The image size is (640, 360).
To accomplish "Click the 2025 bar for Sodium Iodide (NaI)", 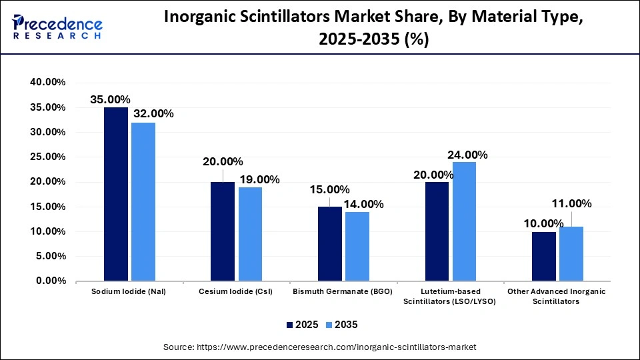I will point(115,193).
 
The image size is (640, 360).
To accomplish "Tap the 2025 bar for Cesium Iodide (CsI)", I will point(223,231).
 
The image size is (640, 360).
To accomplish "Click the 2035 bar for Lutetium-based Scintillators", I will point(464,221).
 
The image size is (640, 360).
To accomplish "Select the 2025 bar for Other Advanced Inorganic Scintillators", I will point(544,256).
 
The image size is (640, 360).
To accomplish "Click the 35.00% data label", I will point(111,99).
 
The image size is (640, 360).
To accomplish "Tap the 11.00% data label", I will point(571,204).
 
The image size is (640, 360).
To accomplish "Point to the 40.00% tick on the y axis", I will point(47,82).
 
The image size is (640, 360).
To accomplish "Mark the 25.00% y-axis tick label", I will point(47,157).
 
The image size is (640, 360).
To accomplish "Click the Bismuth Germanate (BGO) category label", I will point(343,291).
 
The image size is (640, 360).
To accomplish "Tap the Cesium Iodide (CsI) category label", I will point(236,291).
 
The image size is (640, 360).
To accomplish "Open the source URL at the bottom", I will point(320,347).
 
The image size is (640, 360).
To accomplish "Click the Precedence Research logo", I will point(57,27).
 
